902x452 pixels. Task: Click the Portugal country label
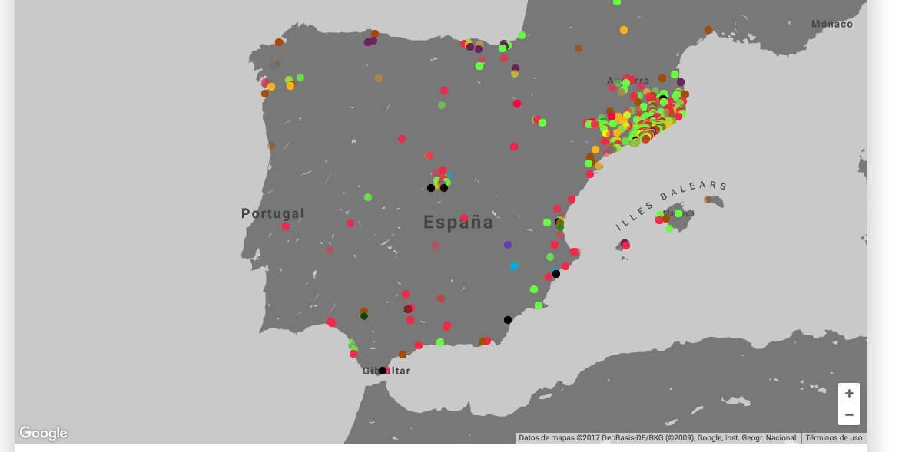[x=273, y=213]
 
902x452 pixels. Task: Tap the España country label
[x=458, y=223]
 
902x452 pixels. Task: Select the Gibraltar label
[x=386, y=371]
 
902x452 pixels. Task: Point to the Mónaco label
[x=832, y=24]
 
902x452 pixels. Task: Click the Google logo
[x=43, y=434]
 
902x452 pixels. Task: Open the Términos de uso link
[x=834, y=438]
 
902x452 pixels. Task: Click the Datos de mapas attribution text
[x=657, y=438]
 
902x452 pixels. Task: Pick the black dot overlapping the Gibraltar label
[x=382, y=371]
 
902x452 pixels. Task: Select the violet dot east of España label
[x=508, y=245]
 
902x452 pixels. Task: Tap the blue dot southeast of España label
[x=514, y=266]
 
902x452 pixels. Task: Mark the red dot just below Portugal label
[x=286, y=226]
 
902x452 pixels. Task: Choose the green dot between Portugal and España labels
[x=368, y=197]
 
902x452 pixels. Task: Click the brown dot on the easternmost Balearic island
[x=708, y=200]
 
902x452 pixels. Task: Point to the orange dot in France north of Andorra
[x=624, y=30]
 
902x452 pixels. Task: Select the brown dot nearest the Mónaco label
[x=708, y=30]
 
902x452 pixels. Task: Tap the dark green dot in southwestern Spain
[x=364, y=316]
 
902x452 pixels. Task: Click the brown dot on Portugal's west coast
[x=271, y=146]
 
